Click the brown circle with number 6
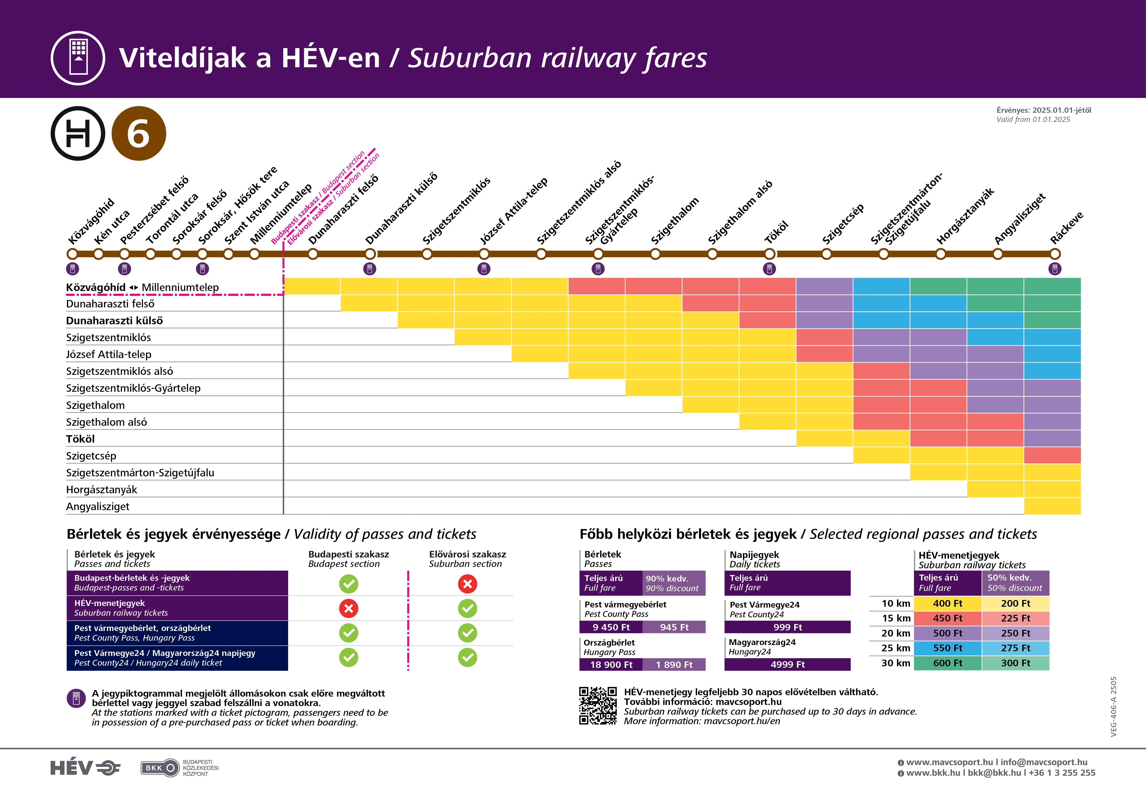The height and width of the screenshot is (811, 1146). tap(138, 133)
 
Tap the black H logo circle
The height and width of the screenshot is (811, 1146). tap(78, 133)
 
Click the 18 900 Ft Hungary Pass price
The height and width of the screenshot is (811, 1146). tap(611, 665)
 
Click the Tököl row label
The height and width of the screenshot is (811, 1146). tap(80, 439)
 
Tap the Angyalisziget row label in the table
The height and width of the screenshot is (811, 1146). tap(98, 506)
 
